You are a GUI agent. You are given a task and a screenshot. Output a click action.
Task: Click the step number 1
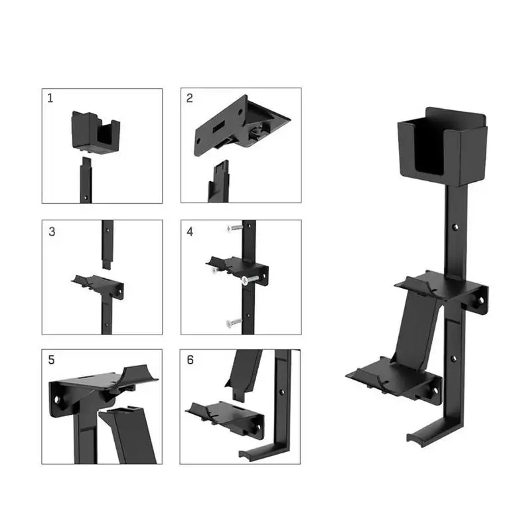click(x=50, y=98)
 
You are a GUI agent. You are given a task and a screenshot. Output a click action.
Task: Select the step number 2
click(x=190, y=98)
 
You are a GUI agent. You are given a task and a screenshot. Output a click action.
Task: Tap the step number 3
click(x=52, y=232)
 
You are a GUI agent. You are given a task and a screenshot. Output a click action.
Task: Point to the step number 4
click(x=190, y=232)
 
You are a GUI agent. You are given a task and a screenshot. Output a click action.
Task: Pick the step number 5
click(x=52, y=360)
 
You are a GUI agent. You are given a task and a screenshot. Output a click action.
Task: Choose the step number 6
click(x=190, y=360)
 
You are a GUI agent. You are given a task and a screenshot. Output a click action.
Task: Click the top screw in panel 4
click(x=235, y=228)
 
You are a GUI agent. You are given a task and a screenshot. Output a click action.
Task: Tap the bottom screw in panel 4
click(x=234, y=323)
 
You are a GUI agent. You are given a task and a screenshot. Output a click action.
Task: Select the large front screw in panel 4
click(x=250, y=279)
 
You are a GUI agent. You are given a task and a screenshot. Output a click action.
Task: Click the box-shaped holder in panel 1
click(x=96, y=132)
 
